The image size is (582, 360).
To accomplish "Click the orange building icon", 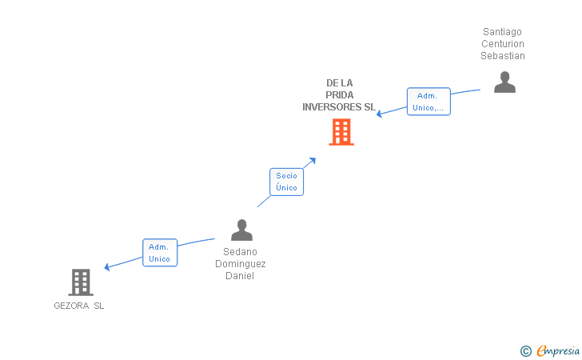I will click(341, 132).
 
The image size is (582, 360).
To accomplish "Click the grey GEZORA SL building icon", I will click(81, 282).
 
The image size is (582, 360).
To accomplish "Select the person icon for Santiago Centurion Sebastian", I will click(504, 82).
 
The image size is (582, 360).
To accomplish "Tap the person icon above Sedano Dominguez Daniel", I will click(241, 230).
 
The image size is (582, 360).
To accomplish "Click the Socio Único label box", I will click(286, 182).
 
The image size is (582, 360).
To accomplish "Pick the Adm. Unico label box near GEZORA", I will click(159, 253).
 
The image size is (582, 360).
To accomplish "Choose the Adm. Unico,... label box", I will click(429, 102).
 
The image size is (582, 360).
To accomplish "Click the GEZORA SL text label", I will click(79, 306).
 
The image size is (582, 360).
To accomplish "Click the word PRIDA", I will click(340, 94).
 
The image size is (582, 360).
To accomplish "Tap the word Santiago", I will click(502, 32).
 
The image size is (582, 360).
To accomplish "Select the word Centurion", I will click(502, 44).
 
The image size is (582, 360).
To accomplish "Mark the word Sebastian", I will click(502, 56).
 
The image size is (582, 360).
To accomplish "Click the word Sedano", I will click(240, 251).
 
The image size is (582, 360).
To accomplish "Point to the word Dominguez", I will click(240, 263).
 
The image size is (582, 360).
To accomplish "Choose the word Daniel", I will click(240, 276).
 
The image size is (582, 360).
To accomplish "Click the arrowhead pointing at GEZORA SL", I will click(107, 267).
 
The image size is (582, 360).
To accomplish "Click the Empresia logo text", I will click(559, 350).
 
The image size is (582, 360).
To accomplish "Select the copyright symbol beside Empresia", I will click(525, 350).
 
